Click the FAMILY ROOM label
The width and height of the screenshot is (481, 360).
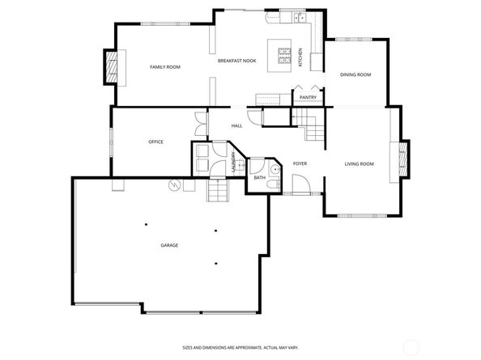click(164, 67)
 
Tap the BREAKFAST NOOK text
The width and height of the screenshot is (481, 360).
click(236, 61)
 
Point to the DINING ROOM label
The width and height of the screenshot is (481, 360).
click(356, 74)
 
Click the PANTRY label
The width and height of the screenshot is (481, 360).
click(308, 98)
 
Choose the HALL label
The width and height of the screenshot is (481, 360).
click(237, 125)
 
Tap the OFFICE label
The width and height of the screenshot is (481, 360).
click(155, 142)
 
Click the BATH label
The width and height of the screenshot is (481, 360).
click(259, 177)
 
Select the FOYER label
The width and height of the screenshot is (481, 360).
click(300, 163)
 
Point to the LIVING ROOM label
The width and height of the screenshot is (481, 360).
click(359, 164)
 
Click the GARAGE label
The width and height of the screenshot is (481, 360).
click(169, 245)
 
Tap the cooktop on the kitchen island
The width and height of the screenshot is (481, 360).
click(285, 55)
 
